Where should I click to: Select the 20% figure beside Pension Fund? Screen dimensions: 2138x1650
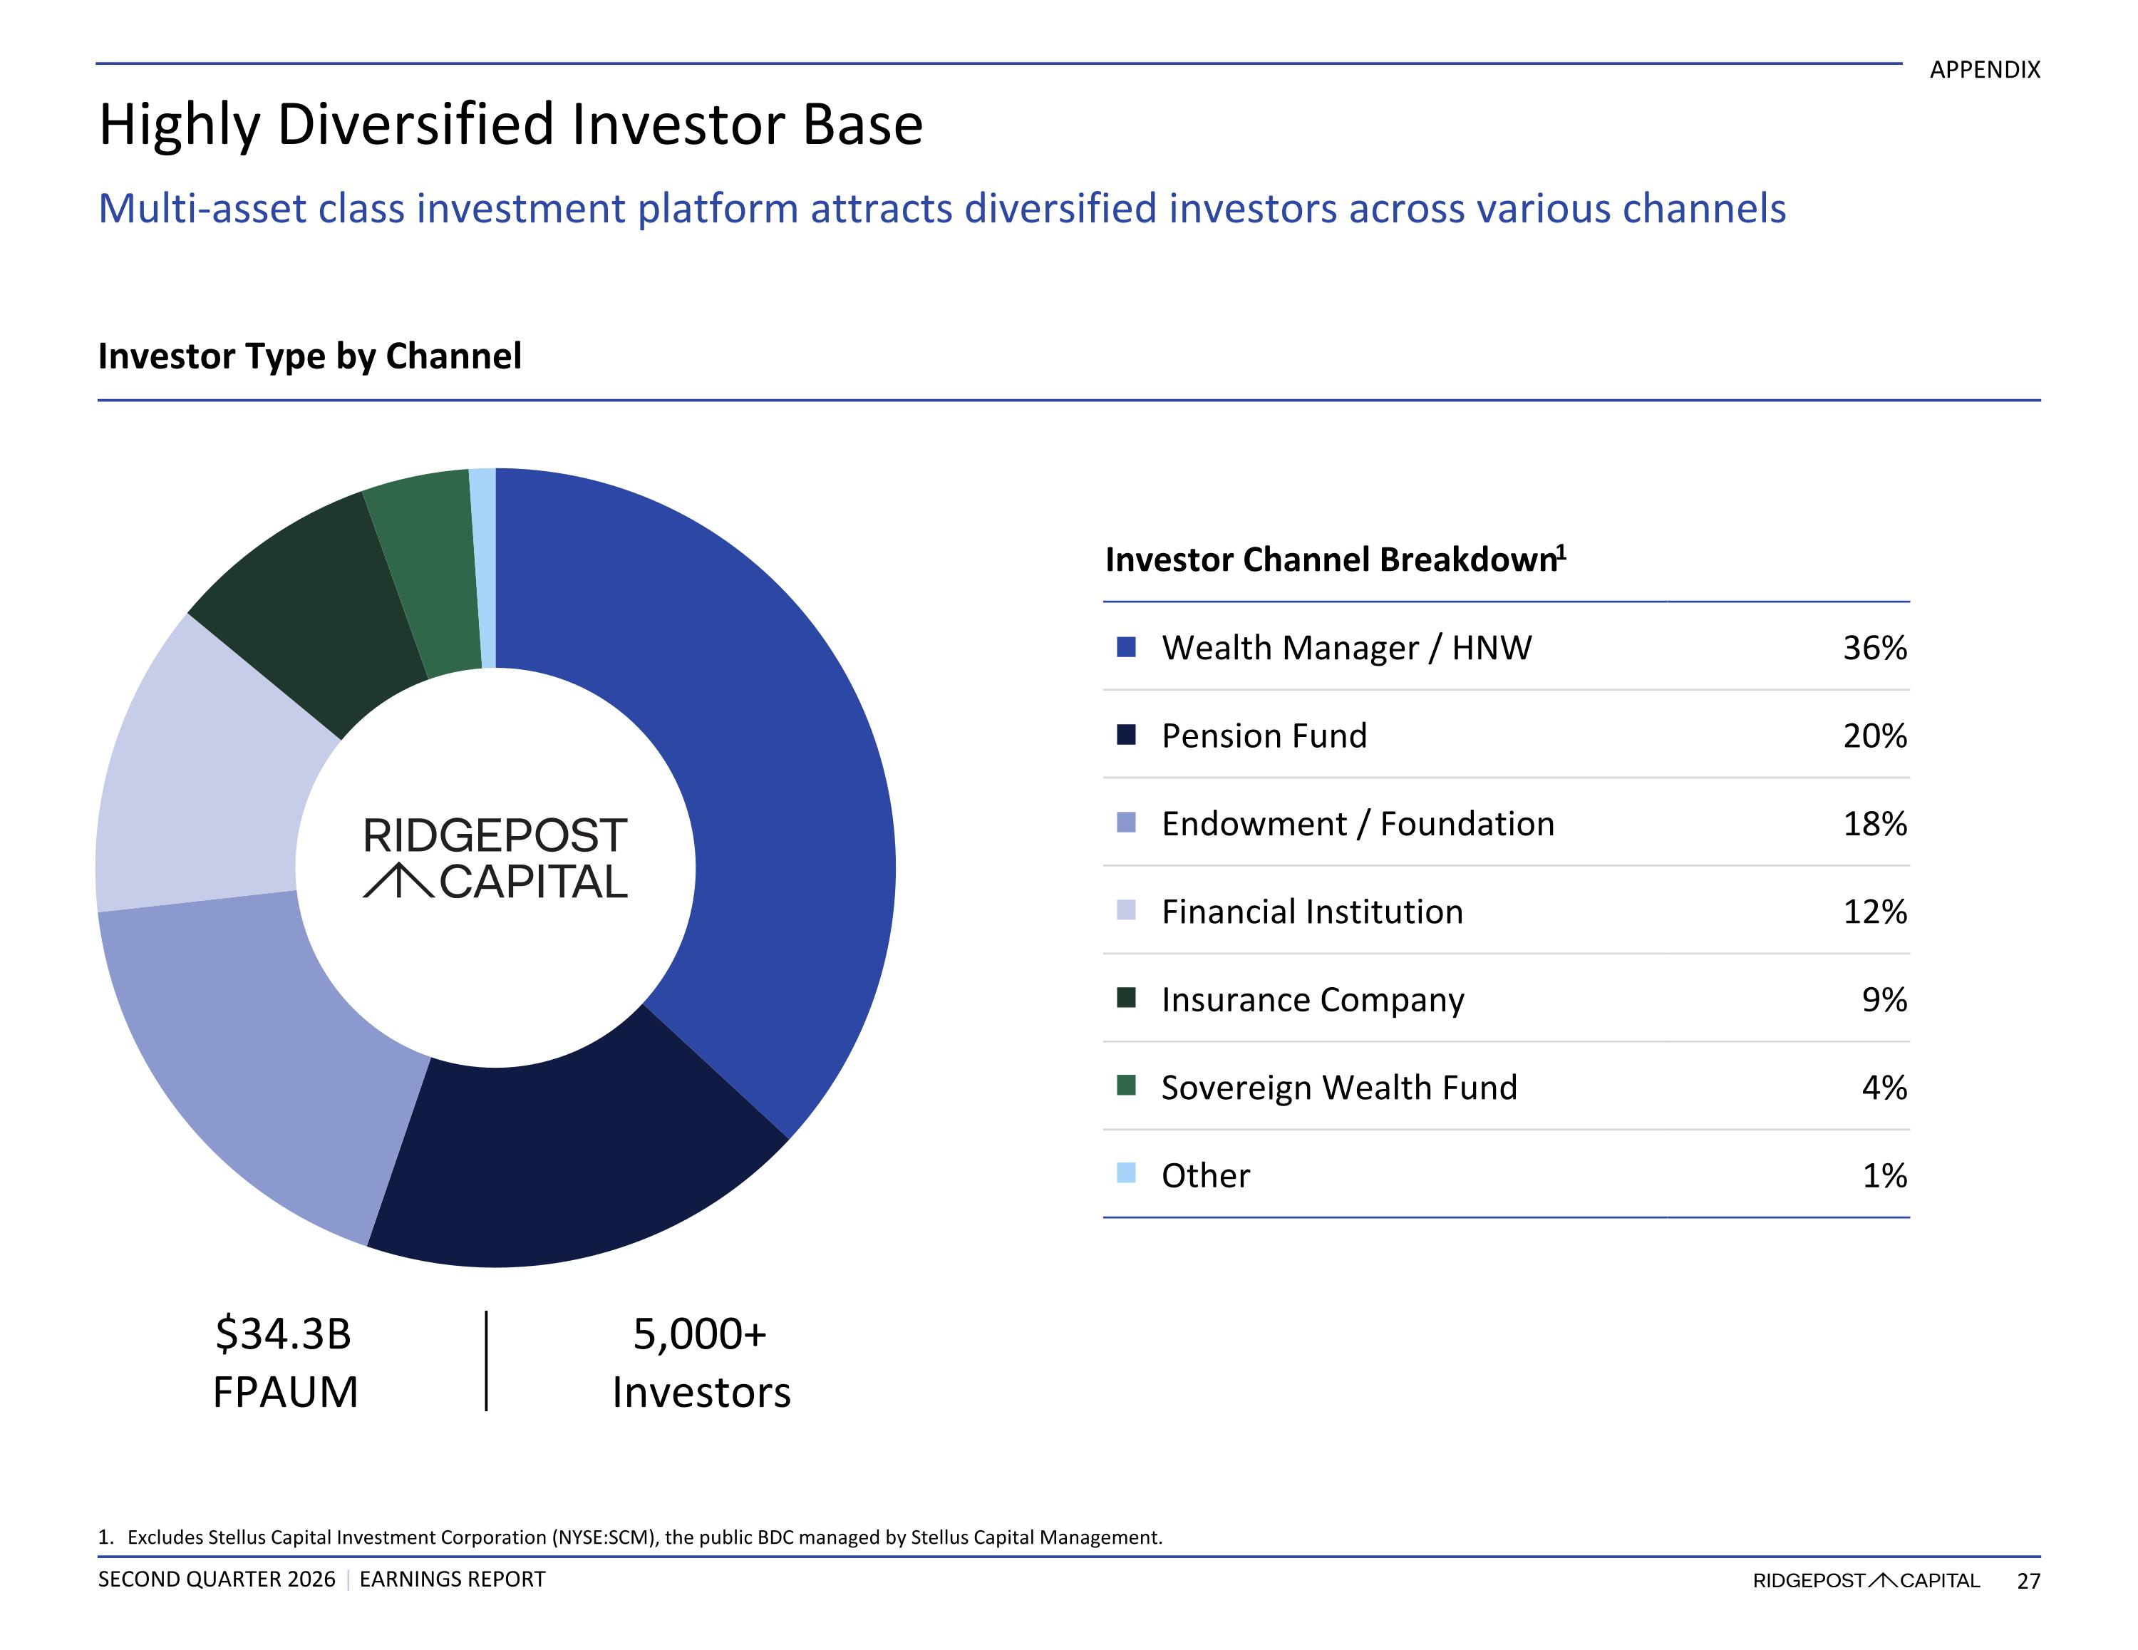(1874, 736)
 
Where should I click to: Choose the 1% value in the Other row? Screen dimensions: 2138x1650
(1884, 1175)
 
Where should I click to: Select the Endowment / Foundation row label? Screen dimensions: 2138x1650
(1358, 823)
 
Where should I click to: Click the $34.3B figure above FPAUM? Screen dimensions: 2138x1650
(283, 1334)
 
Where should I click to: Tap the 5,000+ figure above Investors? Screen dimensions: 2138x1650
(700, 1334)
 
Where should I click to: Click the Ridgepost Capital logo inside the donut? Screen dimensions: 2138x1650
(495, 858)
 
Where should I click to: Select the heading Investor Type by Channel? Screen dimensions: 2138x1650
(309, 356)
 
